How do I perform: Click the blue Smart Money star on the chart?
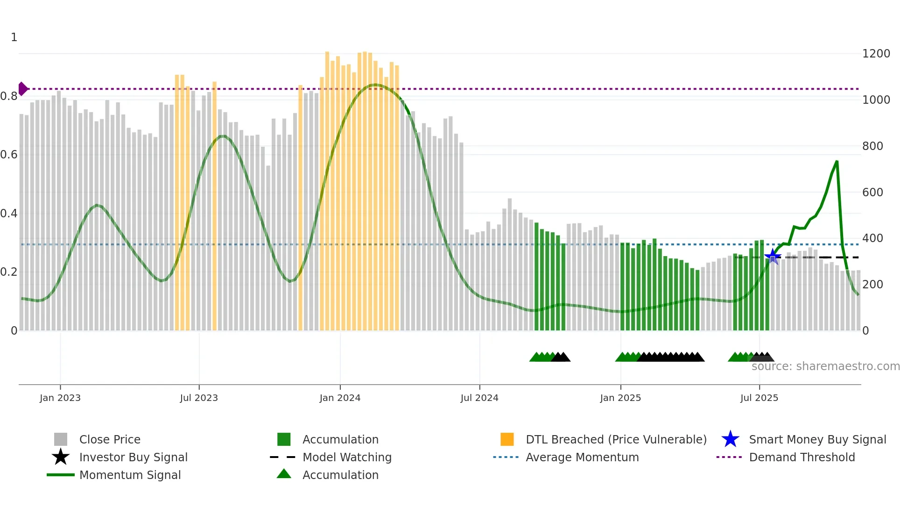point(773,256)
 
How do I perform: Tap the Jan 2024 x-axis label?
point(340,398)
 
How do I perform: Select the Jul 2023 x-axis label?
point(199,398)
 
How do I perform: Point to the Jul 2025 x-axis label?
point(759,398)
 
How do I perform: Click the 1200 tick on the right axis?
point(876,54)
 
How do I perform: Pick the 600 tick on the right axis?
point(873,192)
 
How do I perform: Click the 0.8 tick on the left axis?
point(9,96)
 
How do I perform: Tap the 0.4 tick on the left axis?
point(9,214)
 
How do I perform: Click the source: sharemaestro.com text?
point(825,366)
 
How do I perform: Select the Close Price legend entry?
point(110,439)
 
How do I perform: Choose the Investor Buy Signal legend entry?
point(133,457)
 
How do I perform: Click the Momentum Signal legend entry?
point(130,475)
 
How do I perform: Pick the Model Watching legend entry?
point(347,457)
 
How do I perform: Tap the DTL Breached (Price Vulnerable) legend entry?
point(616,439)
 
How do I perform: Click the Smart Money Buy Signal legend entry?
point(817,439)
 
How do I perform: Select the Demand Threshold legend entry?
point(802,457)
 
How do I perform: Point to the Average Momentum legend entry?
point(582,457)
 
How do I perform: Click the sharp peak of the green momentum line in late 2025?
point(837,162)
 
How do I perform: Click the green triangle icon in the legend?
point(284,474)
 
